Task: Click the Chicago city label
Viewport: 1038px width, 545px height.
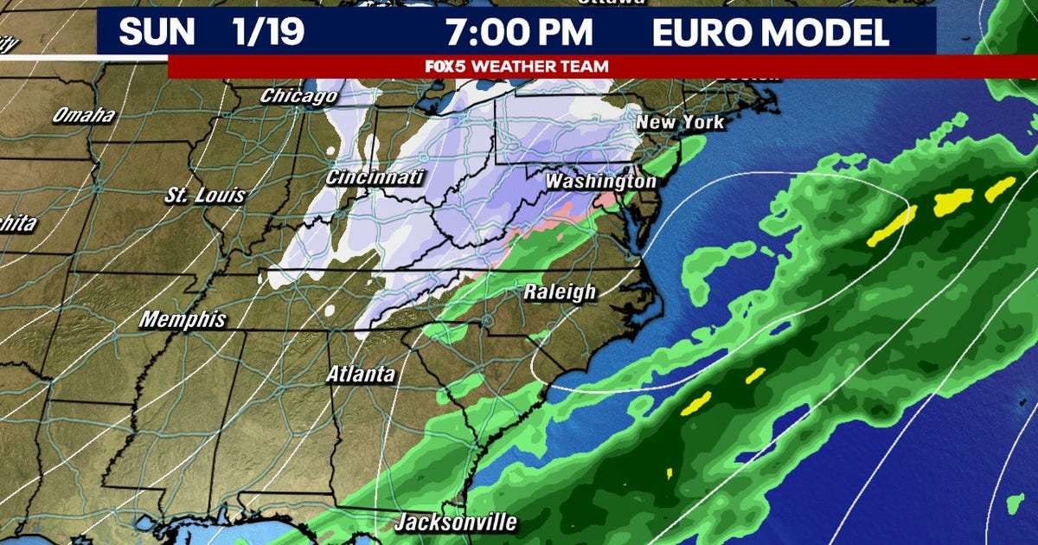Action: click(298, 96)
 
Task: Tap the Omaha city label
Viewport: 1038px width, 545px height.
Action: click(84, 115)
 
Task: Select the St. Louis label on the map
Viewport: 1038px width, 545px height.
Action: click(205, 196)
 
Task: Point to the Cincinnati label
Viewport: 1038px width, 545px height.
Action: click(375, 177)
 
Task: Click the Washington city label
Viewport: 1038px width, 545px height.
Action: click(600, 183)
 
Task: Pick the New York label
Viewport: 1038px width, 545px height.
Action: click(680, 122)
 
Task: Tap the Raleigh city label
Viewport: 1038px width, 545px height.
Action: click(560, 292)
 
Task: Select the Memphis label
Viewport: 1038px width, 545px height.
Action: click(183, 319)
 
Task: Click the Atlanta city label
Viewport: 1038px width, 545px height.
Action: click(361, 375)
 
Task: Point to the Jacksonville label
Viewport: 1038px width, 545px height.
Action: click(456, 523)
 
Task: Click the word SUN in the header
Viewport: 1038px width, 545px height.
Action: click(157, 33)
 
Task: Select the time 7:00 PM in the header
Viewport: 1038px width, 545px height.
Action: click(519, 33)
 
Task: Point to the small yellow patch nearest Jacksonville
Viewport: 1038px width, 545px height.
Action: click(670, 473)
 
